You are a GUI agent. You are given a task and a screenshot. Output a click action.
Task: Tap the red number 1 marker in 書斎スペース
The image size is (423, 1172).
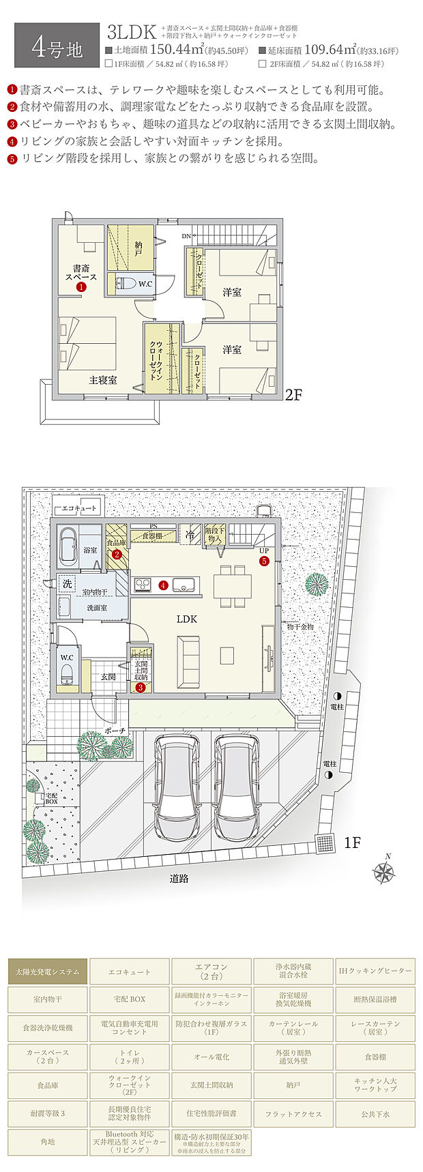[x=81, y=287]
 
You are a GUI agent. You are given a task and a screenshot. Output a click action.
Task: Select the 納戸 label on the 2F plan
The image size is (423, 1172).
[x=138, y=248]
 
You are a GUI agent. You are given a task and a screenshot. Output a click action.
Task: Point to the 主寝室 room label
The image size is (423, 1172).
[x=102, y=380]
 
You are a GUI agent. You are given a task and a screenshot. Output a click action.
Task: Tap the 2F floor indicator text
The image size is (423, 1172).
[x=293, y=394]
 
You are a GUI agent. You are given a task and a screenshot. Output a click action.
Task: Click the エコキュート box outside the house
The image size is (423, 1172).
[x=77, y=508]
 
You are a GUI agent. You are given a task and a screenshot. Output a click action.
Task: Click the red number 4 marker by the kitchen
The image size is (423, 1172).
[x=163, y=585]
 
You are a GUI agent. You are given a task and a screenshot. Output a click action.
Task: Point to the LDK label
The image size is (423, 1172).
[x=186, y=619]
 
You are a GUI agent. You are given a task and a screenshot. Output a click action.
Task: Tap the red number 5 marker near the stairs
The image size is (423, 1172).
[x=263, y=561]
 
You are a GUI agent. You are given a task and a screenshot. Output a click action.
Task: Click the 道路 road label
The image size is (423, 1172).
[x=179, y=879]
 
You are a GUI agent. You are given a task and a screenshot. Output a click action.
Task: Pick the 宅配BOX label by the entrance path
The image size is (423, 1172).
[x=52, y=798]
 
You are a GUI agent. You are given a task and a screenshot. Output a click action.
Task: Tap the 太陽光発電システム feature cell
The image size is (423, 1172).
[x=48, y=971]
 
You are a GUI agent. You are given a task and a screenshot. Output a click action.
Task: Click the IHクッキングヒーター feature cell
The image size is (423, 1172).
[x=375, y=971]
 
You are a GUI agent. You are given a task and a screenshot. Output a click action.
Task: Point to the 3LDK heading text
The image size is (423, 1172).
[x=132, y=32]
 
